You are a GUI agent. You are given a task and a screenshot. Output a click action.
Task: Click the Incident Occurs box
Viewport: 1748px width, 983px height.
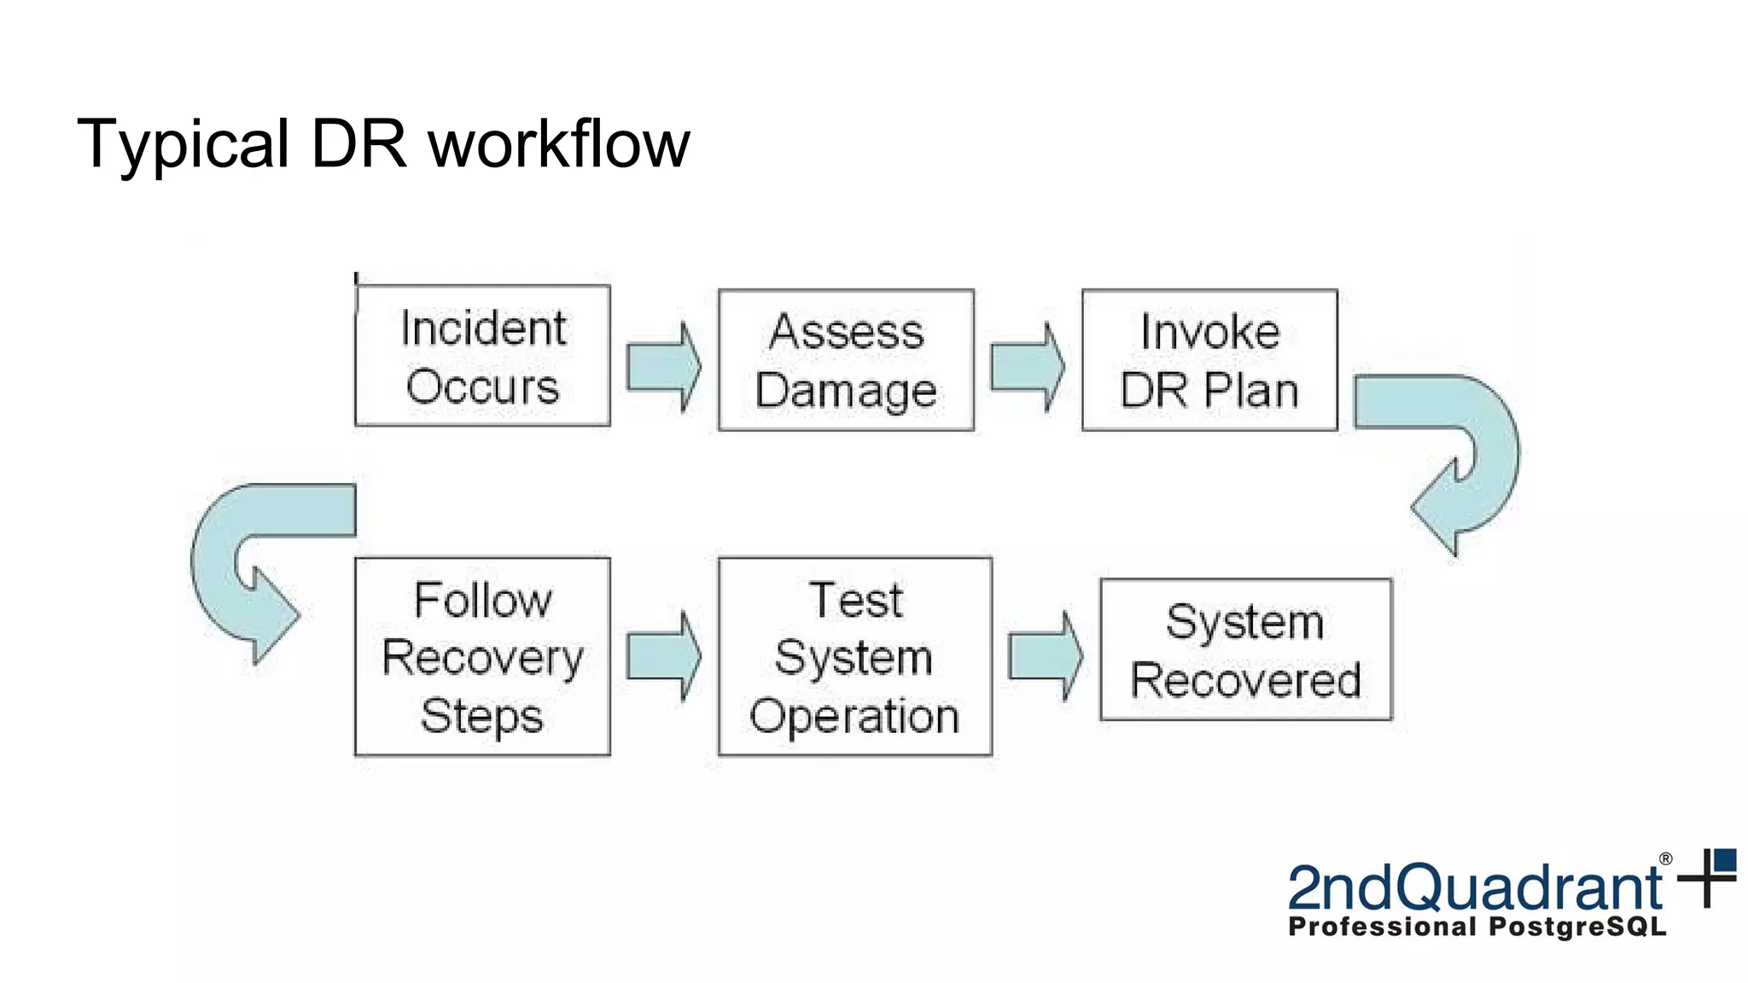482,356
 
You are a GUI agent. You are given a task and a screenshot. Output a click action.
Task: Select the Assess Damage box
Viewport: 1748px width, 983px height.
846,360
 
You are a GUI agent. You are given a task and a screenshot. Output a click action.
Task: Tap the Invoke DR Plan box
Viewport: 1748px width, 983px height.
1209,360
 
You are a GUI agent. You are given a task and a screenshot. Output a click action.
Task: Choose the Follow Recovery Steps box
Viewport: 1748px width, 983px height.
482,656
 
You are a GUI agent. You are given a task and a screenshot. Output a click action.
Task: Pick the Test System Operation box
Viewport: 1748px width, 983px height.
854,656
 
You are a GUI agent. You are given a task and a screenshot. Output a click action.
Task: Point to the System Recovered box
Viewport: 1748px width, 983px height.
1245,649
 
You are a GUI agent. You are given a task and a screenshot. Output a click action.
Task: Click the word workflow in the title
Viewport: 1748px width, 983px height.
559,143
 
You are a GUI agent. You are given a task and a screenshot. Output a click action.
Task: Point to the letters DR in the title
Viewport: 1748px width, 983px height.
358,143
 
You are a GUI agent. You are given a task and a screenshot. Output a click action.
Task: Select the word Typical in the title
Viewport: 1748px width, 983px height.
184,143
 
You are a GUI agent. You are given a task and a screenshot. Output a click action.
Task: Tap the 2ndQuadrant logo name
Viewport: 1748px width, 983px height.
1474,887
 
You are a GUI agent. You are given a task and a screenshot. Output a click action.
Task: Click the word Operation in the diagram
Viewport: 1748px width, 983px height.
854,715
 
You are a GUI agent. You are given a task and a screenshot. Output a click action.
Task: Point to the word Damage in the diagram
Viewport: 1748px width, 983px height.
846,391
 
